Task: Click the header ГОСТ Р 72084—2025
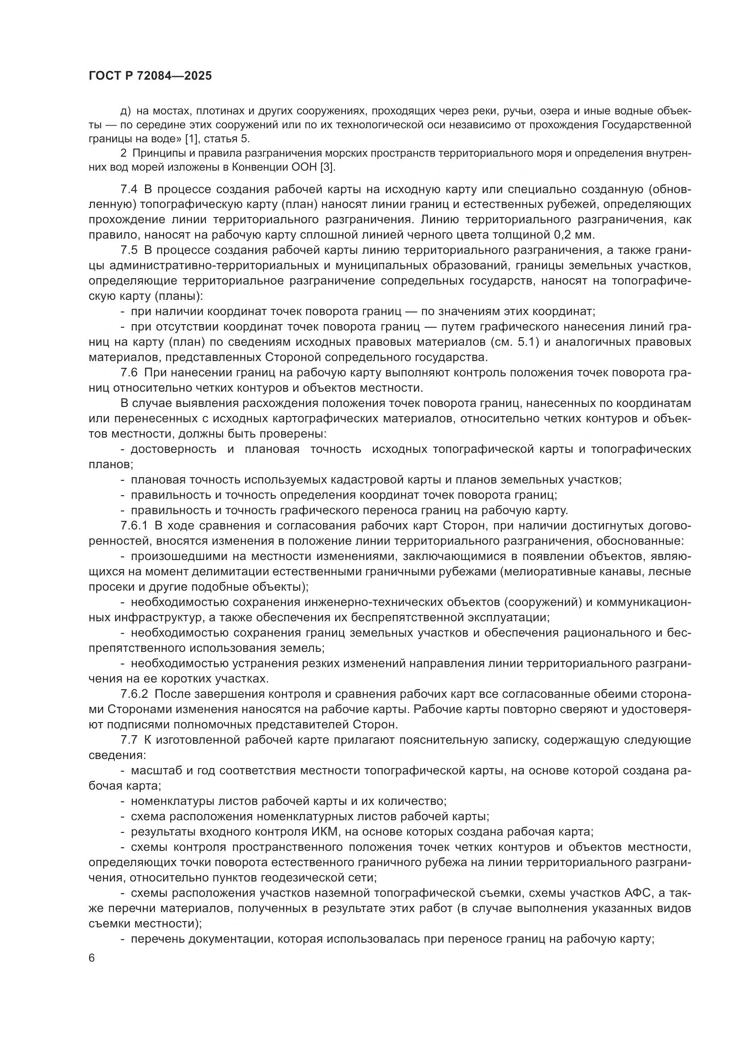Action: (x=150, y=76)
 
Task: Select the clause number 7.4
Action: (x=129, y=190)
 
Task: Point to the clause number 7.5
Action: (x=129, y=250)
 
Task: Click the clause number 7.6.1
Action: (x=133, y=525)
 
